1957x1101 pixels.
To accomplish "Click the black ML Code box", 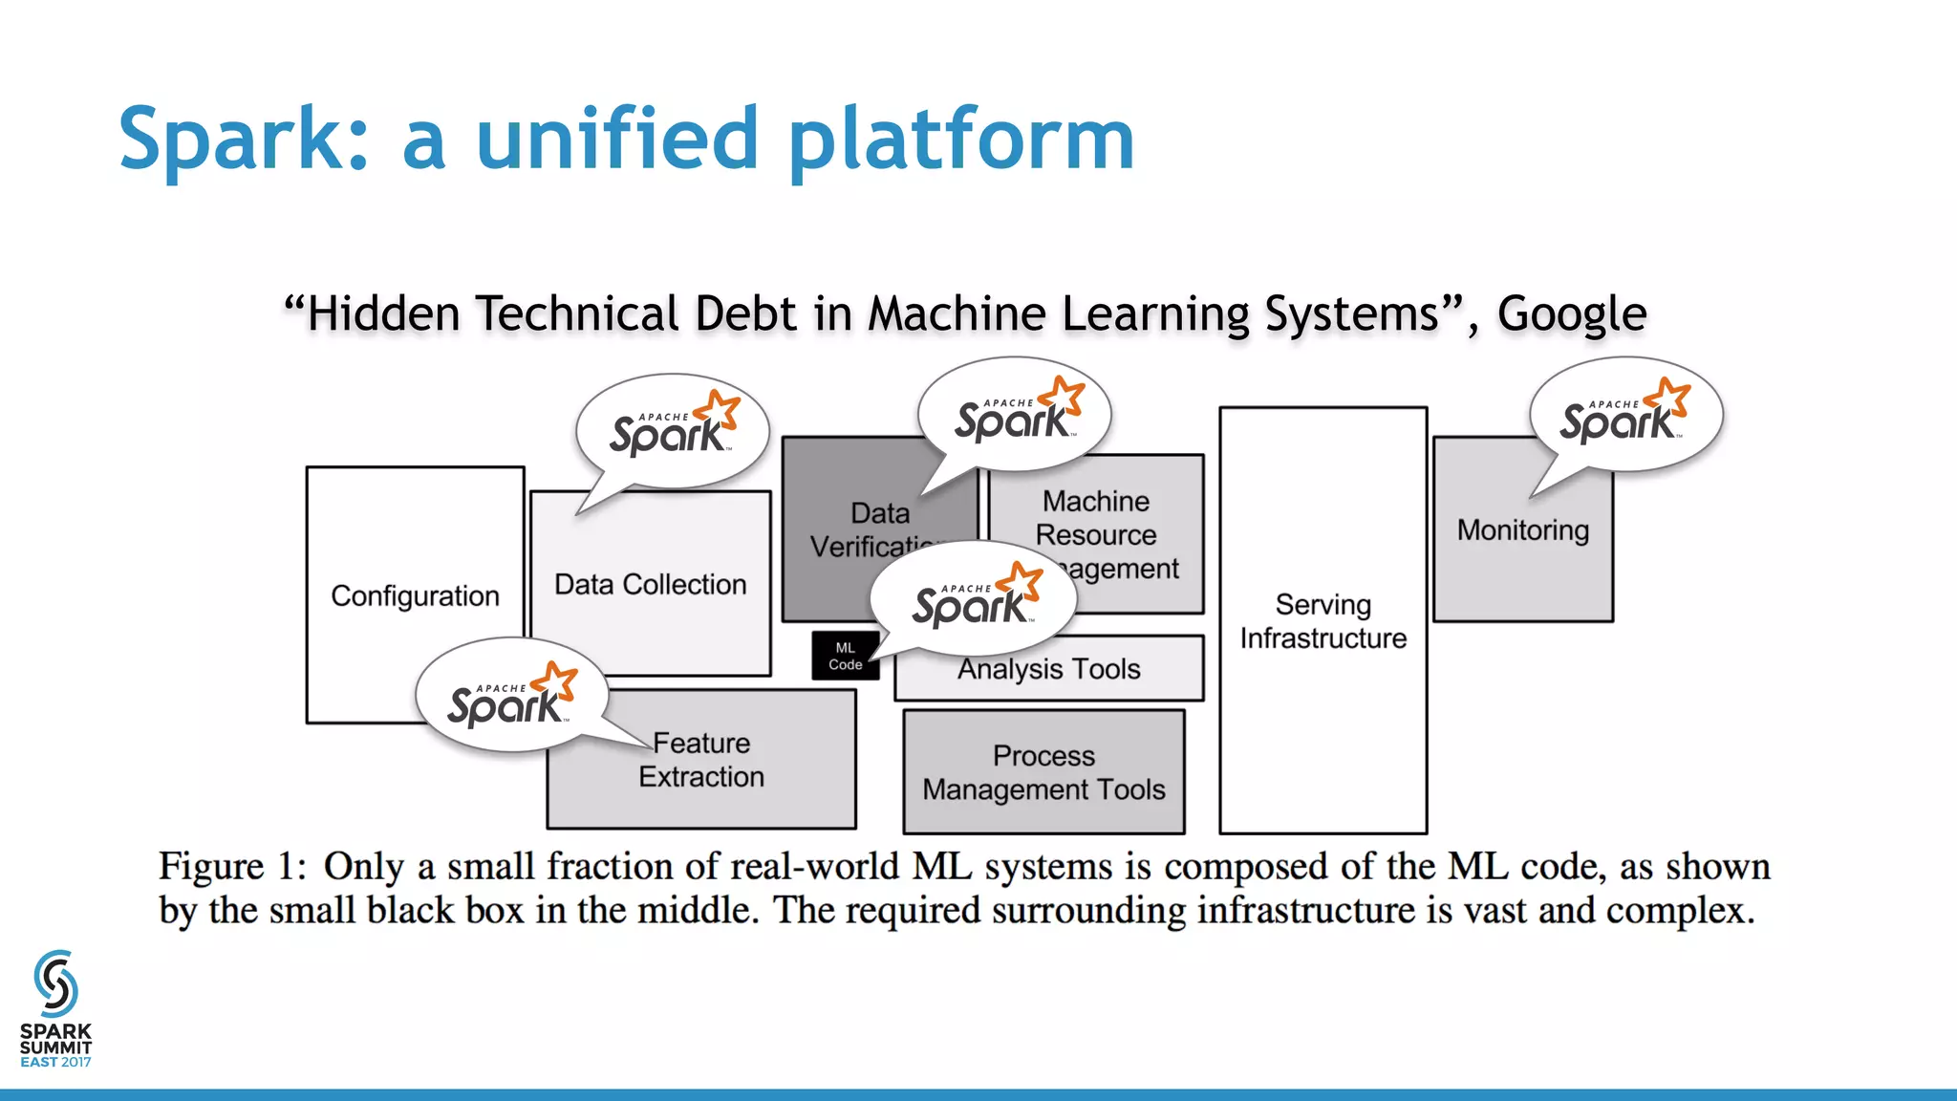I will pyautogui.click(x=845, y=657).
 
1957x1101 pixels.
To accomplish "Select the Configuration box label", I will pyautogui.click(x=415, y=596).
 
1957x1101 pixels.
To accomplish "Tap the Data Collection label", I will pyautogui.click(x=650, y=585).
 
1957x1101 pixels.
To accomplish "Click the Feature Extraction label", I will pyautogui.click(x=701, y=760).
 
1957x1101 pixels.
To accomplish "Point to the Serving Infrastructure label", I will pyautogui.click(x=1323, y=621).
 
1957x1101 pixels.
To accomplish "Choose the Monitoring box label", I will pyautogui.click(x=1522, y=530).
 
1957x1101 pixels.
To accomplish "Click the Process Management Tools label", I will pyautogui.click(x=1043, y=772).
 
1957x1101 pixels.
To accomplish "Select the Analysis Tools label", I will pyautogui.click(x=1048, y=669).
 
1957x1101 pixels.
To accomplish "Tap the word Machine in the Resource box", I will pyautogui.click(x=1095, y=501).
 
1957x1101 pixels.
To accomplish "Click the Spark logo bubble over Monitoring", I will pyautogui.click(x=1624, y=417).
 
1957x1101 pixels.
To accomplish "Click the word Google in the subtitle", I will pyautogui.click(x=1571, y=314).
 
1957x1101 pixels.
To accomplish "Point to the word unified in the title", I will pyautogui.click(x=616, y=140).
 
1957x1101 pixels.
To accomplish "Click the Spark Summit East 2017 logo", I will pyautogui.click(x=55, y=1009).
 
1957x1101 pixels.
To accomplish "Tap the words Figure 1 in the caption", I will pyautogui.click(x=231, y=867).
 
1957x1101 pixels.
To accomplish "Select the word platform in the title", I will pyautogui.click(x=960, y=140).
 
